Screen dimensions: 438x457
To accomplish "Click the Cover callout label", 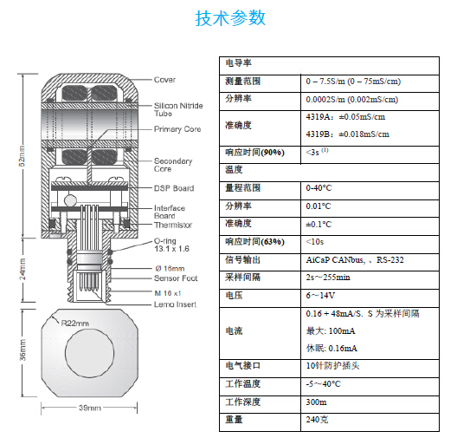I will point(164,80).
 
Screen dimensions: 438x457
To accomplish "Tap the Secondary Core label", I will point(173,165).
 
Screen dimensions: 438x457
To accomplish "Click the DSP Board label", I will point(173,188).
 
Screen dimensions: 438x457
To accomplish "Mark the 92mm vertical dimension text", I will point(23,160).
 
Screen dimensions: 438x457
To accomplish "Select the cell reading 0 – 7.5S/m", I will point(353,81).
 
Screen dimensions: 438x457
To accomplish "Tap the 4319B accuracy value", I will point(348,134).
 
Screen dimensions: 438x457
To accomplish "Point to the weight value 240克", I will point(317,420).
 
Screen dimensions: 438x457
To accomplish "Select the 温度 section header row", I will point(234,168).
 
